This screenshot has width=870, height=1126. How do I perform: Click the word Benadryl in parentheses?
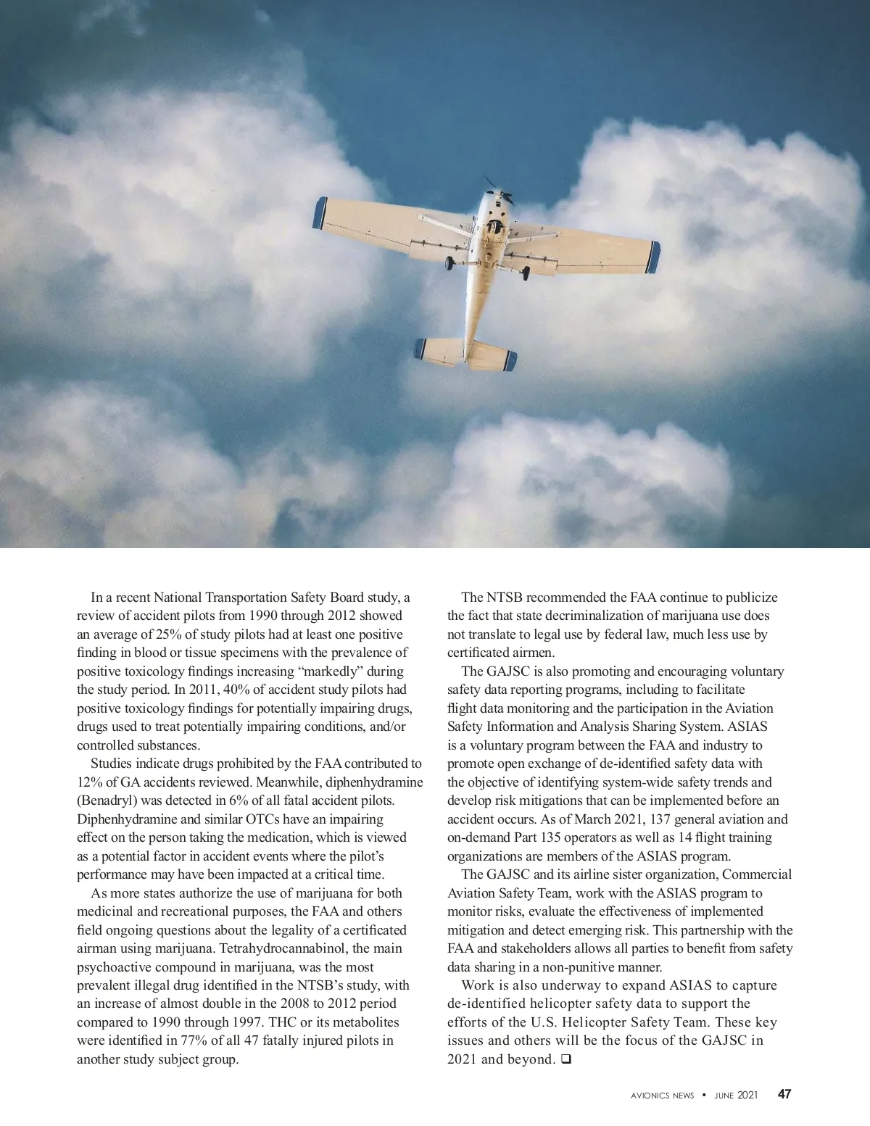(x=107, y=800)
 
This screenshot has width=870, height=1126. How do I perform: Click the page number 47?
(x=784, y=1094)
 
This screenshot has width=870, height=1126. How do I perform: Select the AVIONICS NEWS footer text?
(x=662, y=1096)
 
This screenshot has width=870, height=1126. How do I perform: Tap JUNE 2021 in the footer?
(x=736, y=1096)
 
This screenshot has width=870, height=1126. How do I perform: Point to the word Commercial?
(x=758, y=874)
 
